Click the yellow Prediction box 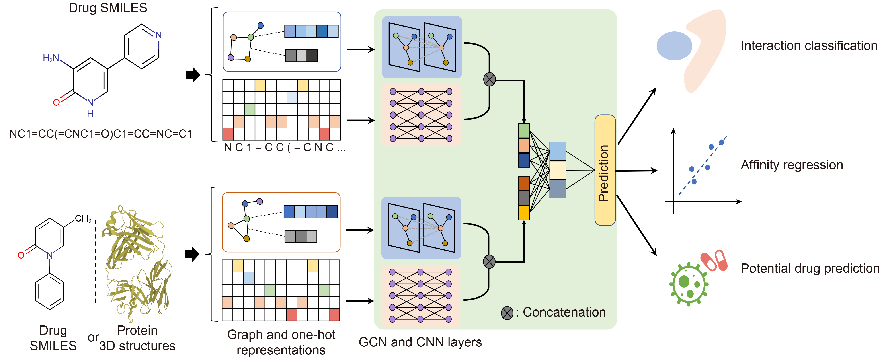[605, 170]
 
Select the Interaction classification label [808, 46]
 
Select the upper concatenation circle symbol [489, 80]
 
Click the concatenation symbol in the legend [507, 313]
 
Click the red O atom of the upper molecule [56, 102]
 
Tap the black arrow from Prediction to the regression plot [636, 171]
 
